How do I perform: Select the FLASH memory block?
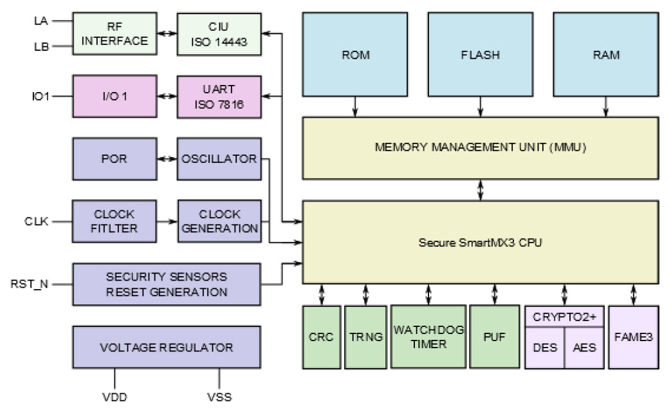[x=480, y=55]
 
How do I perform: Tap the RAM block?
[x=605, y=55]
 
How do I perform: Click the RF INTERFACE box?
[x=115, y=33]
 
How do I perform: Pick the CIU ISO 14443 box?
[x=219, y=33]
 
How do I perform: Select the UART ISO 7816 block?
[x=219, y=97]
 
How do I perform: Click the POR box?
[x=115, y=158]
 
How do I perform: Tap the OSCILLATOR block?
[x=219, y=158]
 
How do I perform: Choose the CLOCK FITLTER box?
[x=115, y=221]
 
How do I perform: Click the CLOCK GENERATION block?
[x=219, y=221]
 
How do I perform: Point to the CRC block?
[x=321, y=337]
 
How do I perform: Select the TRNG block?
[x=365, y=337]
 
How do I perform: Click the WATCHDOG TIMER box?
[x=428, y=337]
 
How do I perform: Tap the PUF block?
[x=494, y=337]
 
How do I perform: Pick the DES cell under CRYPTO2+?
[x=544, y=347]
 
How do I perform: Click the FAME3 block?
[x=633, y=337]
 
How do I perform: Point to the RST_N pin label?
[x=30, y=283]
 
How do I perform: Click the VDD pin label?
[x=115, y=396]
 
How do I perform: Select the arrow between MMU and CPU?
[x=480, y=189]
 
